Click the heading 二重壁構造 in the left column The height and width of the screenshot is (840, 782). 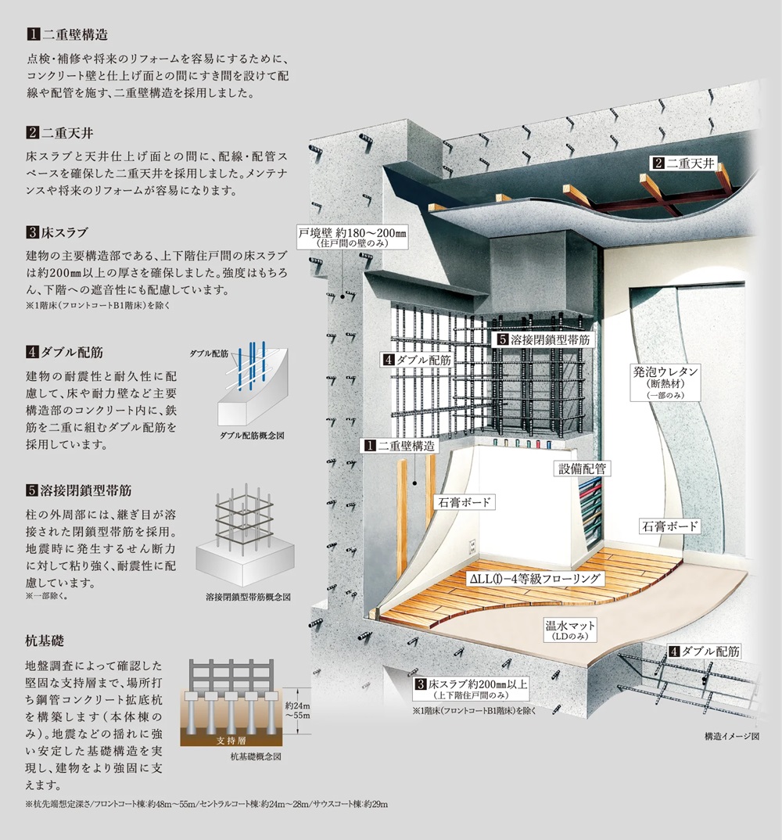[67, 35]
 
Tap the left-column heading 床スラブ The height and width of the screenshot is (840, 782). [57, 232]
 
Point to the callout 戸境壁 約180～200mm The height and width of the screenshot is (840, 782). [352, 237]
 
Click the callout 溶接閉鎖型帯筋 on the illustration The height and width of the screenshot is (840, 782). [543, 339]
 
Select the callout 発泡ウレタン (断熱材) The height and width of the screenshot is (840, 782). [665, 382]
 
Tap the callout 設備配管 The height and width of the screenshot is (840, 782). [583, 468]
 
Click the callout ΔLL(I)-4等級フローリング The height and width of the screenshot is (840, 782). [535, 579]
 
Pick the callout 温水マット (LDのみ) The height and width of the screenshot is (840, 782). [570, 630]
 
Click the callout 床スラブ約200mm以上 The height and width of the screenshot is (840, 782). [472, 688]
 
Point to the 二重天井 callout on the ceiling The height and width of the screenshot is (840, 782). [684, 163]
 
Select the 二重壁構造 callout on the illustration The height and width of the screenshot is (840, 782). [400, 445]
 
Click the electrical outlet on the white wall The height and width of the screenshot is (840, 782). [472, 547]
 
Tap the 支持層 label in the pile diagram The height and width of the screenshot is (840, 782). [231, 741]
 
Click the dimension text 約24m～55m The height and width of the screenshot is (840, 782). [298, 710]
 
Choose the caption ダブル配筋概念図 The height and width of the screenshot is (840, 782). [252, 436]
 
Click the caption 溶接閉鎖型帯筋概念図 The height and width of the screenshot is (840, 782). [248, 596]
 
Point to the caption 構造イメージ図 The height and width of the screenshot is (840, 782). [732, 736]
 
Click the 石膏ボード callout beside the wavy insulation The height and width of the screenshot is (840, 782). [669, 526]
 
